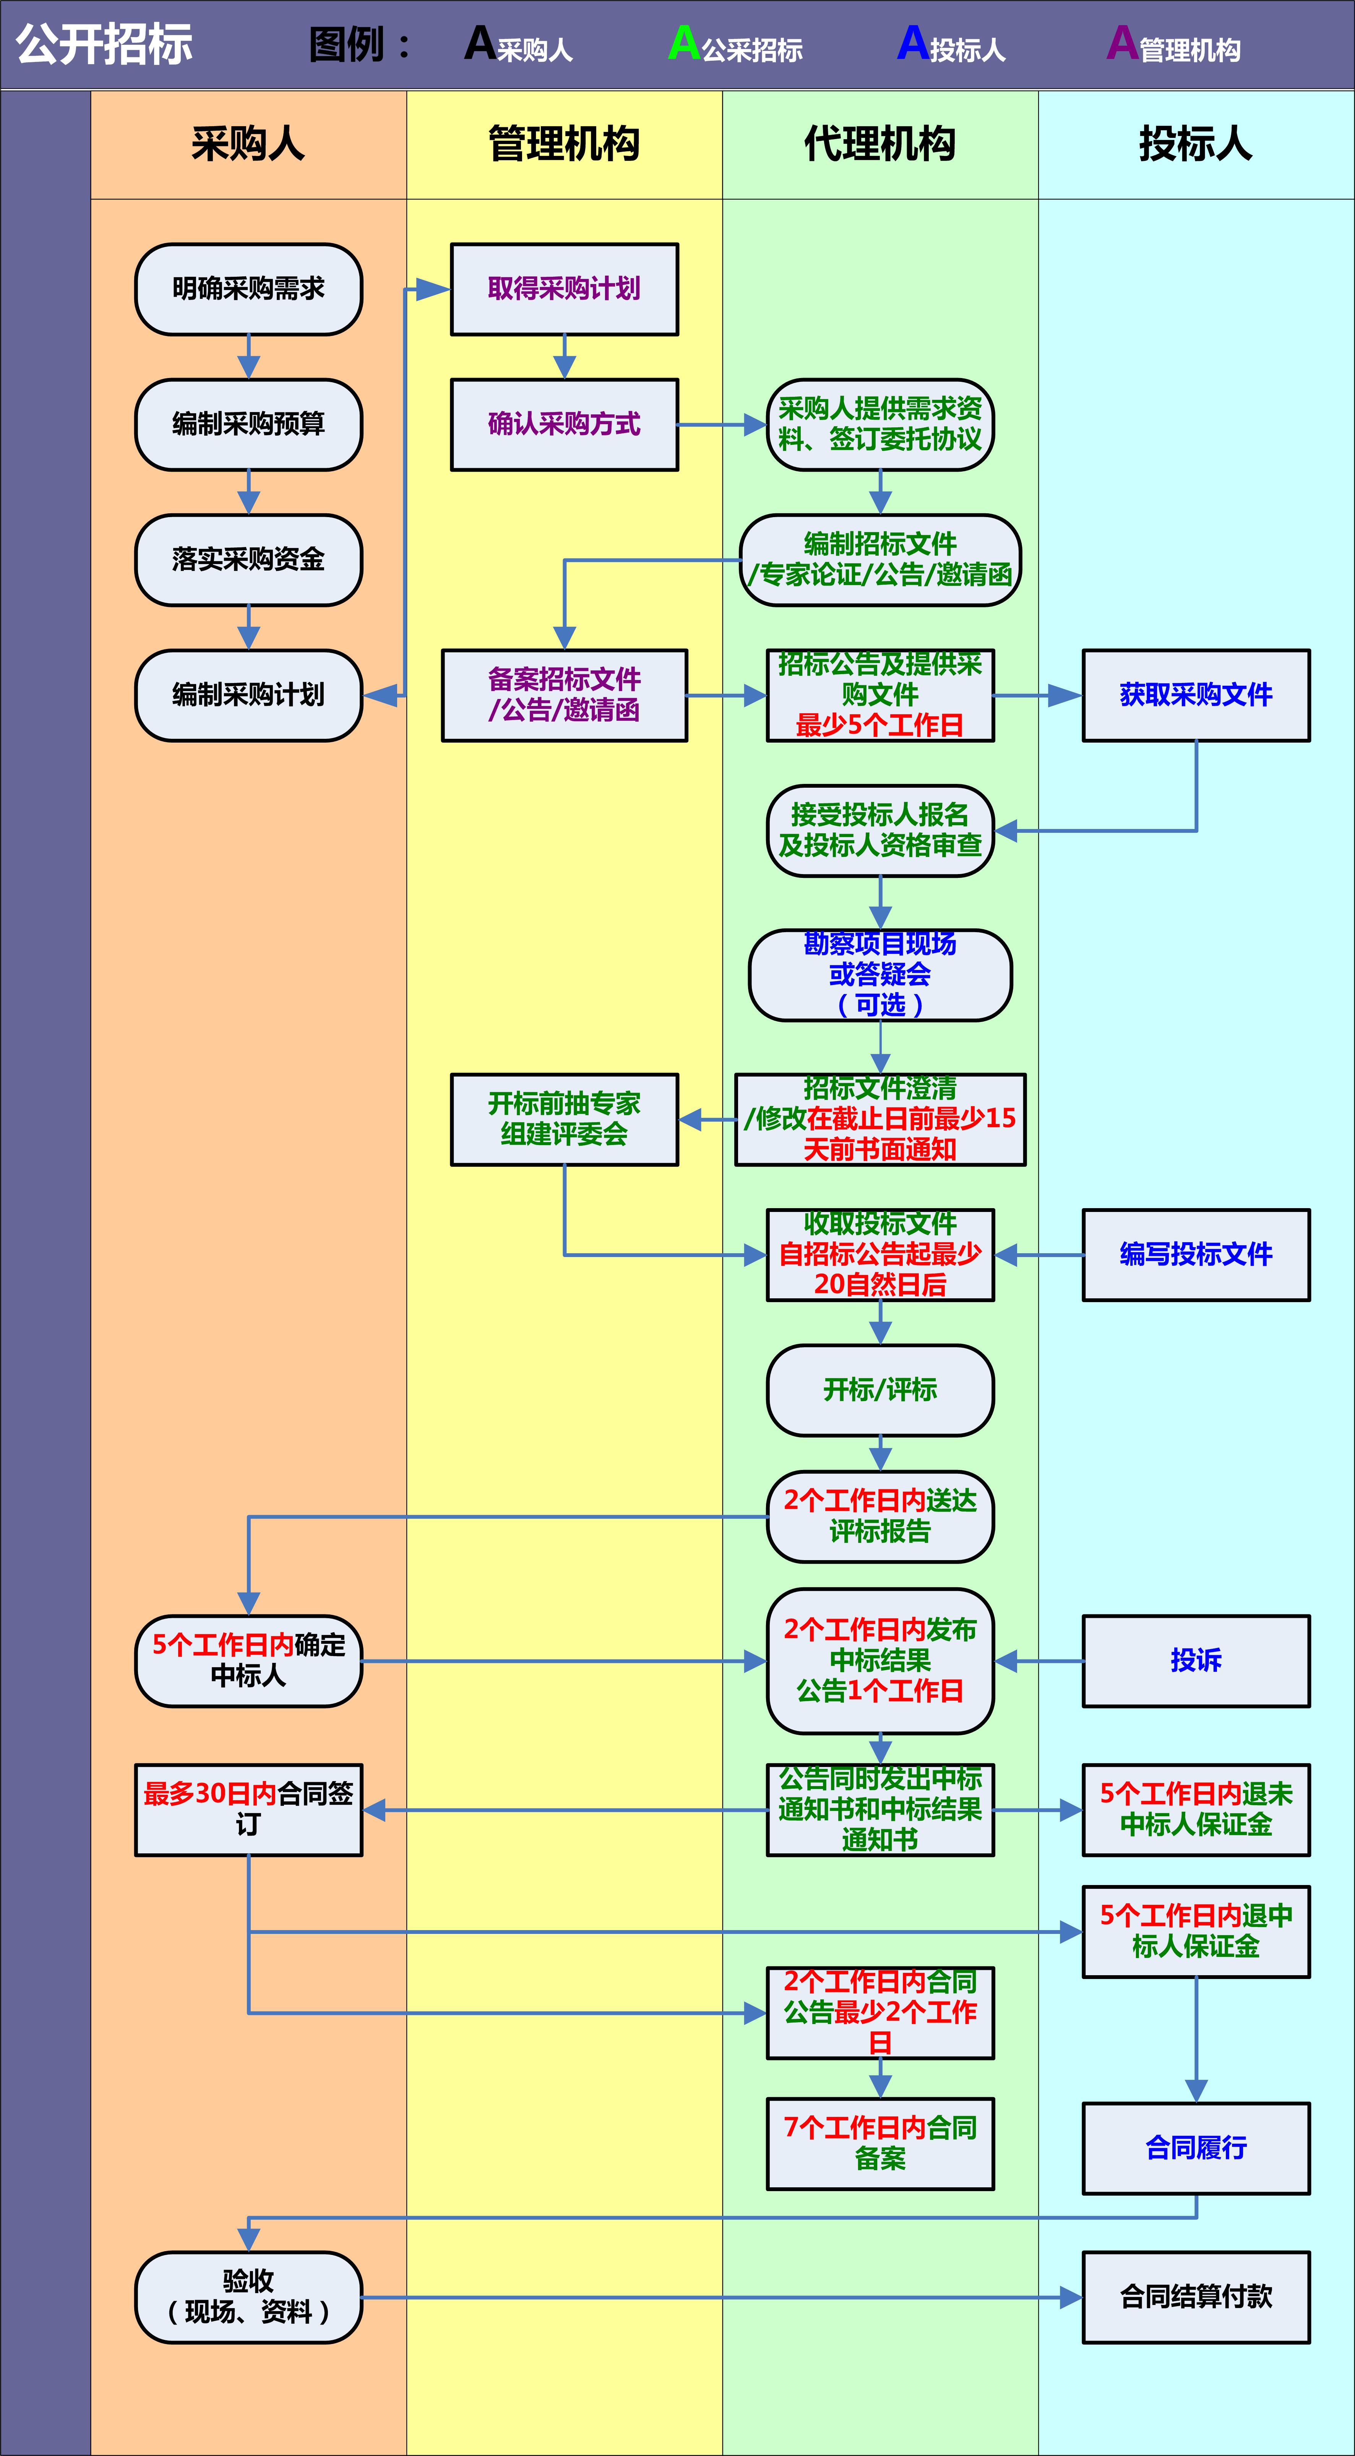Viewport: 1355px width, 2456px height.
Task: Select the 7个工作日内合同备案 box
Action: point(879,2143)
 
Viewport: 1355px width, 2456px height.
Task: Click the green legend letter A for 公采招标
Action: point(684,43)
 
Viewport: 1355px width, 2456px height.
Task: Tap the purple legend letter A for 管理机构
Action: point(1121,43)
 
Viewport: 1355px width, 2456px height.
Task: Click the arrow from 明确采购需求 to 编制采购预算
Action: point(248,357)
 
